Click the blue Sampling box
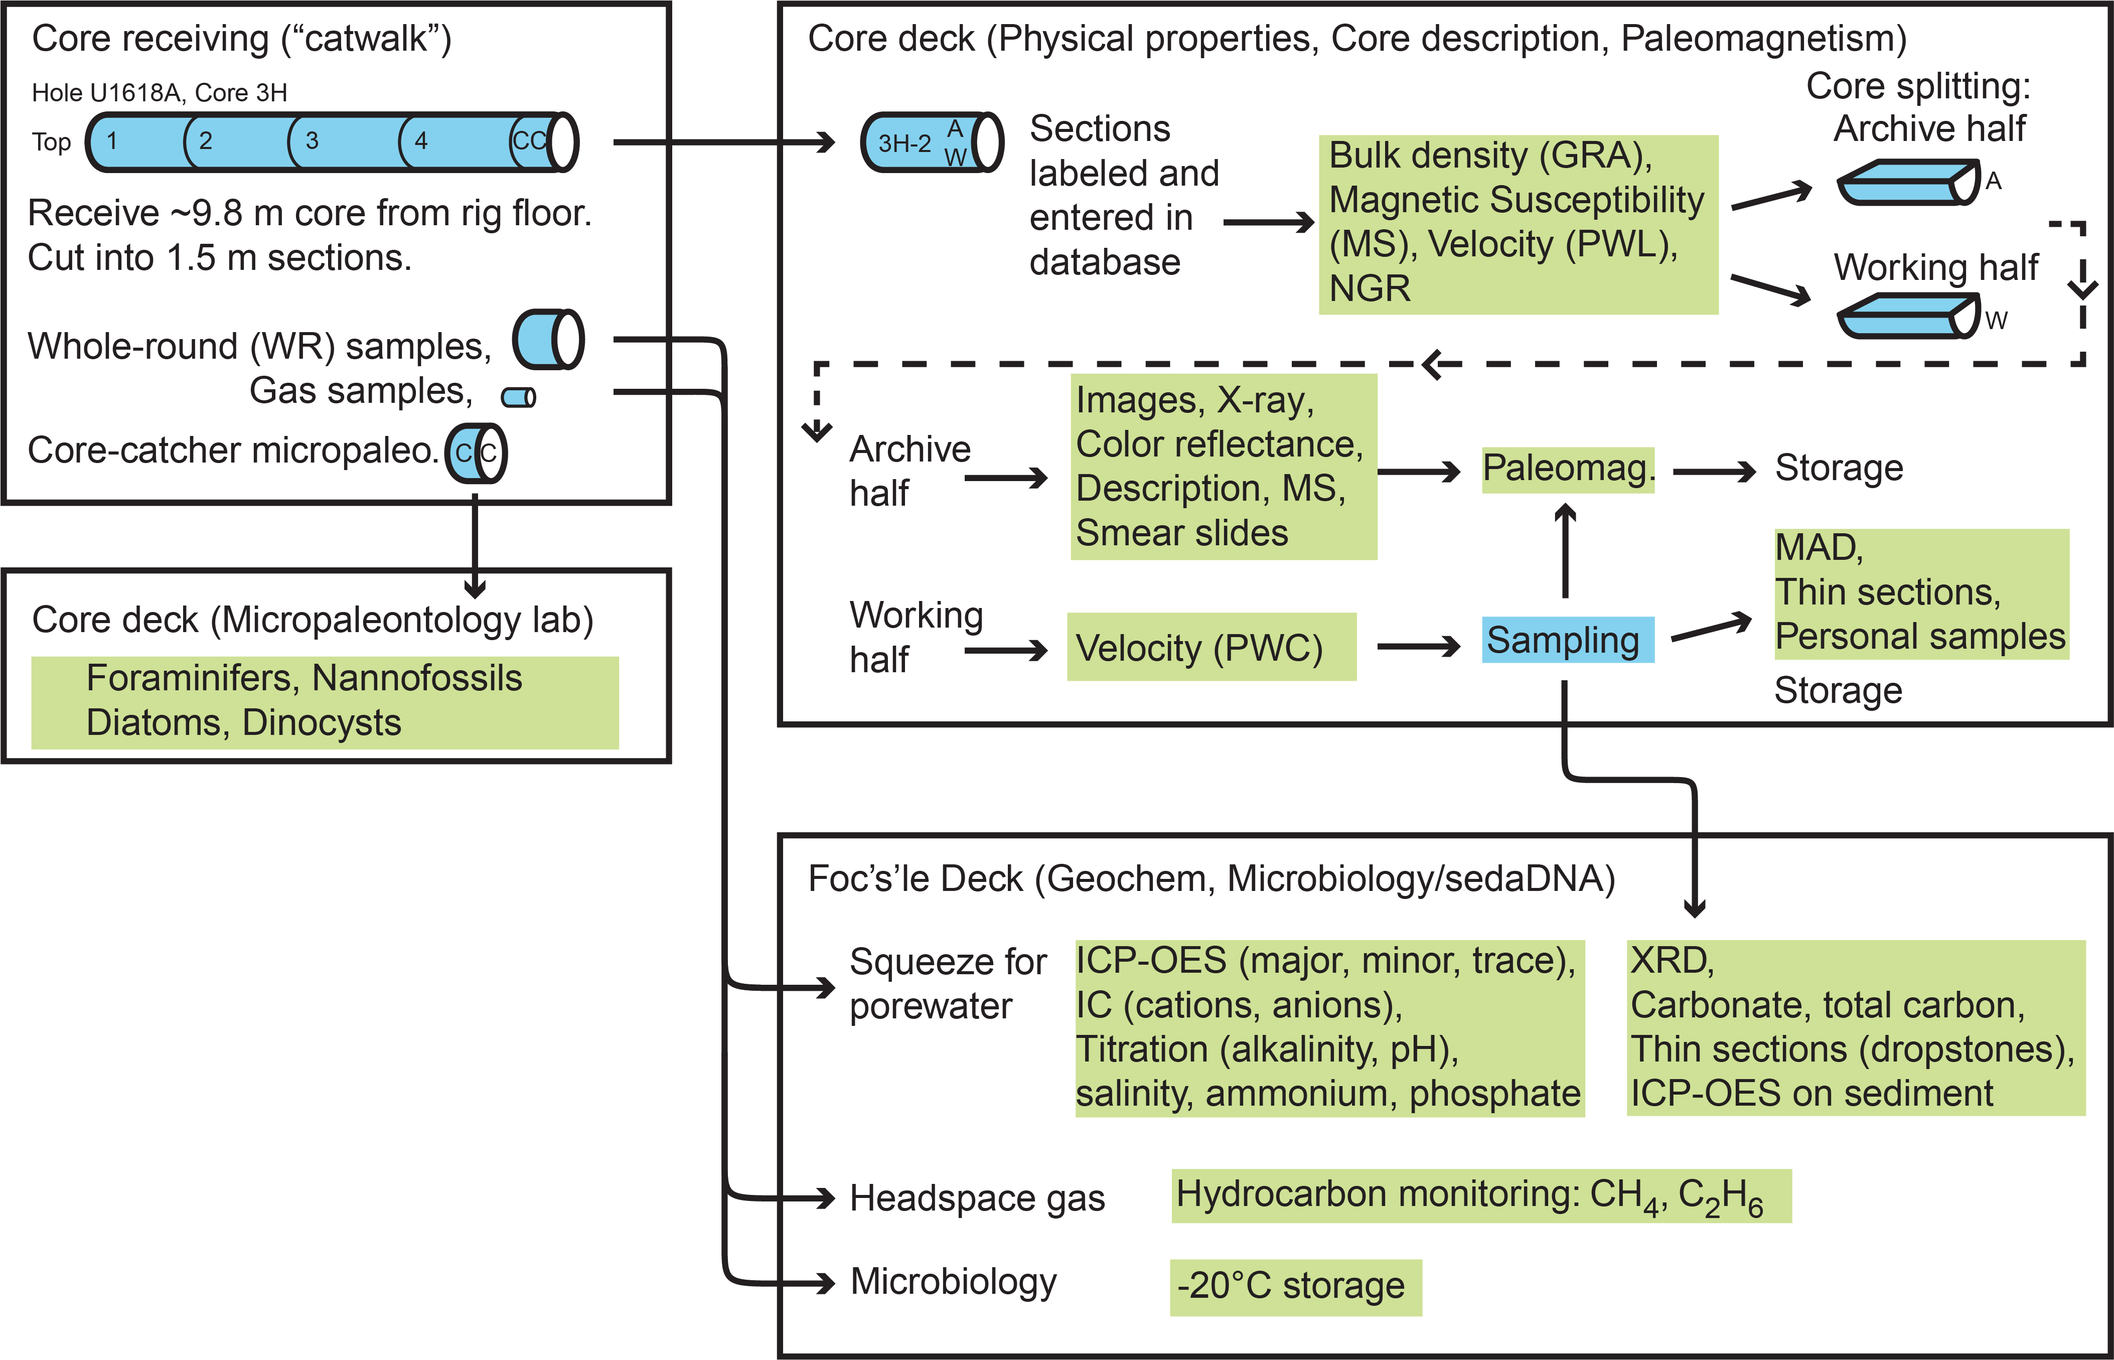click(x=1567, y=640)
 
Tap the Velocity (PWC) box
click(x=1211, y=647)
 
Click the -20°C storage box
click(x=1295, y=1287)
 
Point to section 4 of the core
click(x=452, y=141)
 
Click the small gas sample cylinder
click(x=518, y=397)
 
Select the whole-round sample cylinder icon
click(x=547, y=339)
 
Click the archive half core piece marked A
click(x=1907, y=183)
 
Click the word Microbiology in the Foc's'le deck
click(x=953, y=1281)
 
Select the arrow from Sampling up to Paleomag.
click(x=1565, y=549)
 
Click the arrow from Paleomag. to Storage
click(x=1713, y=472)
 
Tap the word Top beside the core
click(x=51, y=142)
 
